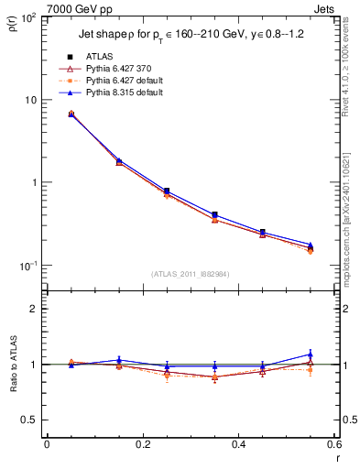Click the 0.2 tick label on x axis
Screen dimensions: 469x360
tap(142, 444)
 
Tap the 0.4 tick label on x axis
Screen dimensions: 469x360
tap(238, 444)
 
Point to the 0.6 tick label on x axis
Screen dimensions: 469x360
tap(334, 444)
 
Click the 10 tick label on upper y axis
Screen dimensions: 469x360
tap(31, 100)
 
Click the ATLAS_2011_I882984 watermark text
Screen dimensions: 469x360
tap(190, 273)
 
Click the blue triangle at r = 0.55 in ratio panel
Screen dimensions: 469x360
tap(310, 354)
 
